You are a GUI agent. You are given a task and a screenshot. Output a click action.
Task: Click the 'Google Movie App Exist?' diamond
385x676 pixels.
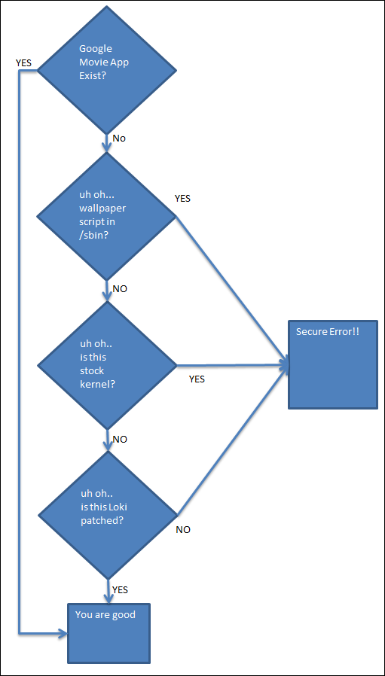(x=106, y=71)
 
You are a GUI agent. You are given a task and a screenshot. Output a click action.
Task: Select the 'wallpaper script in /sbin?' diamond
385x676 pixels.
(x=106, y=217)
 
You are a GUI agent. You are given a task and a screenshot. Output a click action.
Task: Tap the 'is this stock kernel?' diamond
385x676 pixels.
(x=106, y=366)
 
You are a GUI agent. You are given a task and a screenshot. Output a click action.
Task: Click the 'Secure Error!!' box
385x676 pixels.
(x=332, y=364)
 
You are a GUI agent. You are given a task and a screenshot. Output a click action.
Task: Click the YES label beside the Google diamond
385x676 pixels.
(x=24, y=63)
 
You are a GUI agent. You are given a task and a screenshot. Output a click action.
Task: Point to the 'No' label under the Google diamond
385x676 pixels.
(x=119, y=139)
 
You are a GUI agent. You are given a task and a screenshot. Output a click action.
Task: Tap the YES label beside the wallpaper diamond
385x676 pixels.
(x=182, y=199)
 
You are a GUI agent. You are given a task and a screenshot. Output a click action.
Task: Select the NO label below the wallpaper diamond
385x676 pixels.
(x=120, y=289)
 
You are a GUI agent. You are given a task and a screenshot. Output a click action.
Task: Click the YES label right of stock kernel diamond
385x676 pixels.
(x=197, y=379)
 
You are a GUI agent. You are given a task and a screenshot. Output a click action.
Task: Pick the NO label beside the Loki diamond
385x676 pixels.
(x=183, y=530)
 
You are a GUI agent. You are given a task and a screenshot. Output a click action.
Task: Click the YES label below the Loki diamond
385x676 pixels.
(x=120, y=590)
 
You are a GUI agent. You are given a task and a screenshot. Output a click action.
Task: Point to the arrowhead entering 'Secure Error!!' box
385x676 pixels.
(x=285, y=365)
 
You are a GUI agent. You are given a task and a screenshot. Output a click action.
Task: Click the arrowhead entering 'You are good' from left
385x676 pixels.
(x=63, y=634)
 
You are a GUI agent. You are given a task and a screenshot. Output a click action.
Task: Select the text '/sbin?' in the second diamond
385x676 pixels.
(x=93, y=236)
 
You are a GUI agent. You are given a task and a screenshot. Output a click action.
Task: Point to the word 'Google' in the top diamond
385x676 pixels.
(x=96, y=49)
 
